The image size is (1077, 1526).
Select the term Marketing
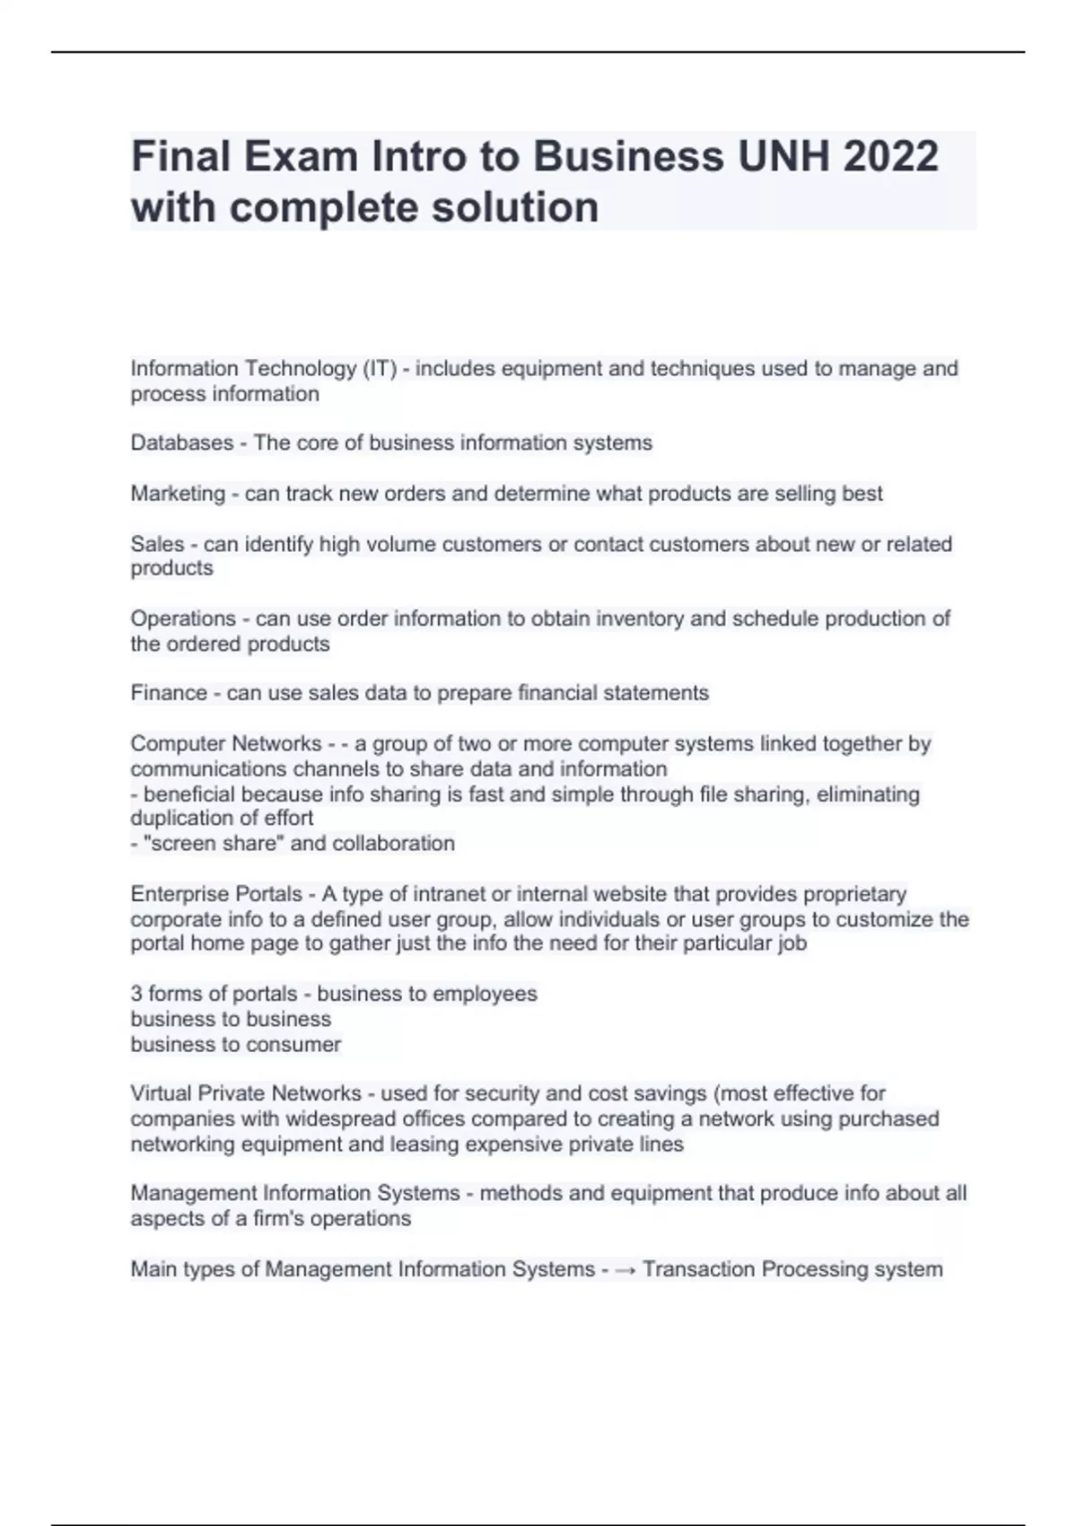(x=178, y=494)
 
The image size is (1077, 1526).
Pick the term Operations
(x=183, y=618)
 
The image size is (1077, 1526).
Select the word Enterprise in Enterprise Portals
(x=171, y=894)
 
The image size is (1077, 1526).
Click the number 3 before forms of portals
(x=136, y=994)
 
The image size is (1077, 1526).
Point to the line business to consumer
(x=235, y=1044)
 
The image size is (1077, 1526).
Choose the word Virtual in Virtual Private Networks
(x=161, y=1093)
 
